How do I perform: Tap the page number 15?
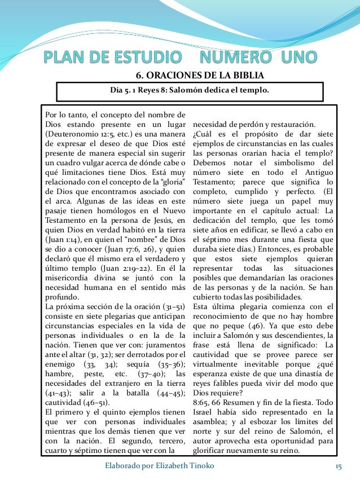pos(339,466)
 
